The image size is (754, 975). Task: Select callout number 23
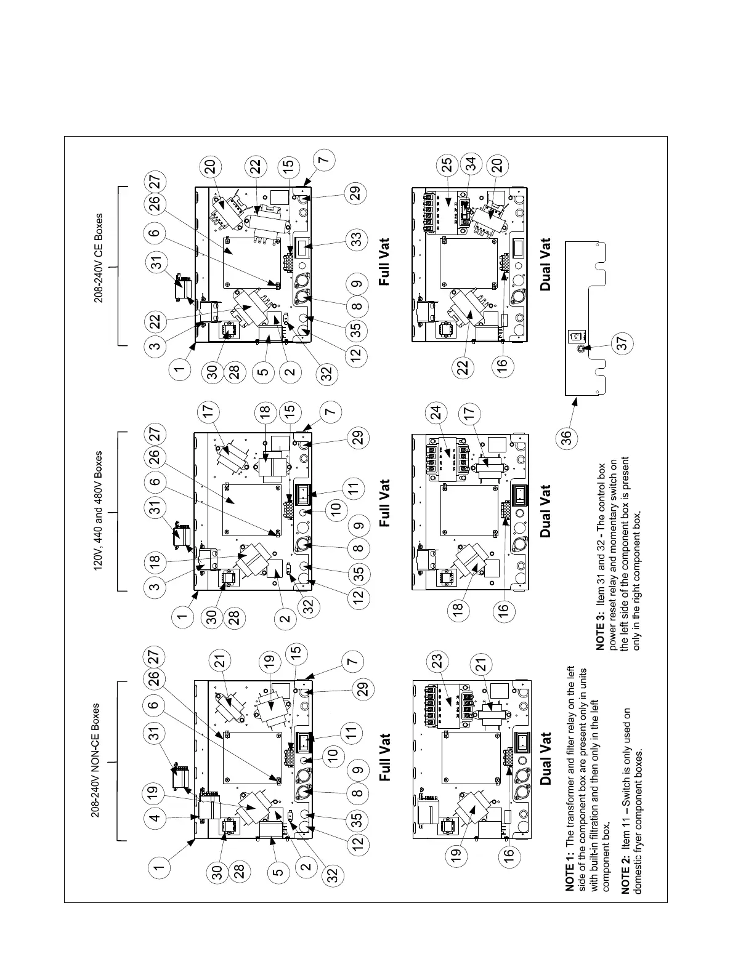(x=437, y=662)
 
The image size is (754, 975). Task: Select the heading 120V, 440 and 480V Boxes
(x=99, y=512)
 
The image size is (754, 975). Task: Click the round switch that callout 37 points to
(x=580, y=348)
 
